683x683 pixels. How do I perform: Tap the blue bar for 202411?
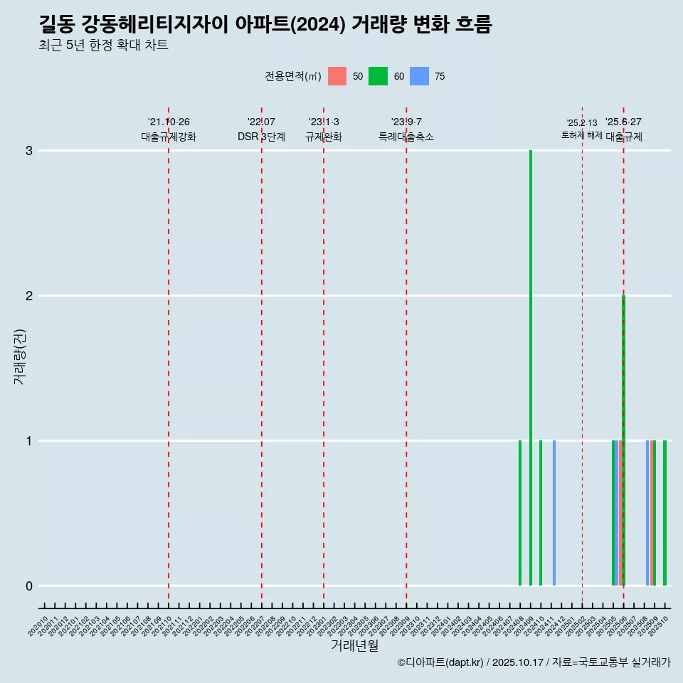coord(554,512)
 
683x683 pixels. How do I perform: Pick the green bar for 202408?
coord(520,512)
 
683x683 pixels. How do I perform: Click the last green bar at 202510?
coord(665,512)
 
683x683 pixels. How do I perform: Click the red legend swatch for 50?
coord(337,76)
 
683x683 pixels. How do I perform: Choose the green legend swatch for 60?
coord(378,76)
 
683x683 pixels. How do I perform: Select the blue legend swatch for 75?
coord(419,76)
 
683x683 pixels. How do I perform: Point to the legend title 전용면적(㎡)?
coord(293,76)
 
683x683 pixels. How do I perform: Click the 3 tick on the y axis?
coord(29,151)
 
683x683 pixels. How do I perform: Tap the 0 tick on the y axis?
coord(29,586)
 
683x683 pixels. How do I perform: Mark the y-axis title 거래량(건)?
coord(20,356)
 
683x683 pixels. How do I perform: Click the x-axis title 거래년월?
coord(354,645)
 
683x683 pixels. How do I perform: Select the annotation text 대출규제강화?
coord(169,137)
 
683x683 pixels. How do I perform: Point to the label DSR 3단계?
coord(261,137)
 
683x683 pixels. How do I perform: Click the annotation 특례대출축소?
coord(406,137)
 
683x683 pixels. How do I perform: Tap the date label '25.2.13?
coord(582,123)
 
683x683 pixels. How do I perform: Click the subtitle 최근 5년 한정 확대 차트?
coord(103,46)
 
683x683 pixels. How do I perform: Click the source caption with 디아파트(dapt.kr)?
coord(534,662)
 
